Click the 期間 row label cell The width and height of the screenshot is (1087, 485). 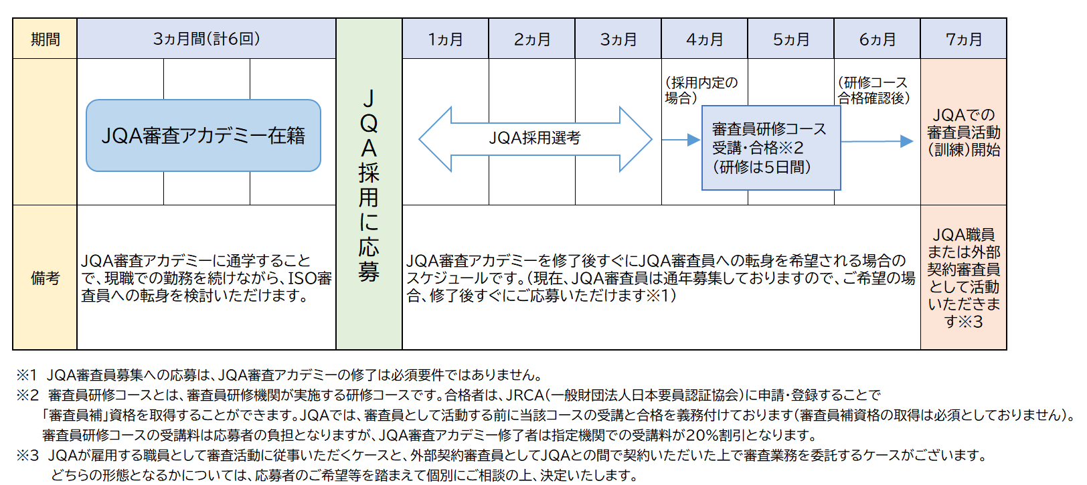tap(45, 39)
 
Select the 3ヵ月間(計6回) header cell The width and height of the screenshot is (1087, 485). tap(206, 39)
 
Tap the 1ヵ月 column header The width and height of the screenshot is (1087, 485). tap(446, 39)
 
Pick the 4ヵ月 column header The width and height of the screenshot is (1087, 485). tap(705, 39)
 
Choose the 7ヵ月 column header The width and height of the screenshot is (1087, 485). tap(964, 39)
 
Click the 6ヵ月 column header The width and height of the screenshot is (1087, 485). tap(877, 39)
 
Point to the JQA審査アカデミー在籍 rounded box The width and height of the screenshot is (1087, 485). tap(203, 136)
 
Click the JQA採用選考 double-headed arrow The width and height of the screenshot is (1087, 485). tap(535, 139)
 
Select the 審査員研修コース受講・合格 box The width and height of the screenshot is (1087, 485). tap(771, 148)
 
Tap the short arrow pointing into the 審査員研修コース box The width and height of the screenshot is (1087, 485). tap(681, 140)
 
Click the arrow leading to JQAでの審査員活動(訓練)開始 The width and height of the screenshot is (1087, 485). tap(877, 141)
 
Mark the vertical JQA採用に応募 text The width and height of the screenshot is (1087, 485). tap(369, 185)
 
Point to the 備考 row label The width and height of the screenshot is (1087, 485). tap(45, 278)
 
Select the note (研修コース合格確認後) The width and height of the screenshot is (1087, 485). tap(873, 90)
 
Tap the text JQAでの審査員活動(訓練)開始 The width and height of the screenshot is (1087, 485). tap(964, 132)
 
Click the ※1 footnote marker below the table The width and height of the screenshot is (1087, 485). tap(27, 375)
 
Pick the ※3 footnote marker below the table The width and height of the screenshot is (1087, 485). tap(27, 456)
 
